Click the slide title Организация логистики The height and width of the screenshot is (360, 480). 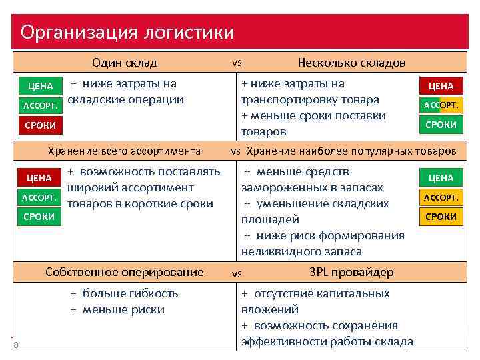click(x=127, y=32)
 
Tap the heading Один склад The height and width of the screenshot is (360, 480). click(x=125, y=63)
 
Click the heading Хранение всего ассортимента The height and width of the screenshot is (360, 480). click(x=125, y=151)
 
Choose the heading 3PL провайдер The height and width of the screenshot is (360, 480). click(x=351, y=272)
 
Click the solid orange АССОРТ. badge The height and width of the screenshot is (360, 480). click(x=441, y=197)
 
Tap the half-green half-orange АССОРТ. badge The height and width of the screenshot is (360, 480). click(x=441, y=105)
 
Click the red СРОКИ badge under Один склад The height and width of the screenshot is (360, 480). click(x=40, y=125)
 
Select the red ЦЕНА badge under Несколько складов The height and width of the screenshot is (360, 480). click(x=441, y=86)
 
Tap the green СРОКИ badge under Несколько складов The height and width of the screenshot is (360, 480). click(x=441, y=125)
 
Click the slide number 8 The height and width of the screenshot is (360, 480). click(x=15, y=345)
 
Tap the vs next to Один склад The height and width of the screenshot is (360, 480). click(x=236, y=63)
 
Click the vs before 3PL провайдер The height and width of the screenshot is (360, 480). click(x=236, y=273)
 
